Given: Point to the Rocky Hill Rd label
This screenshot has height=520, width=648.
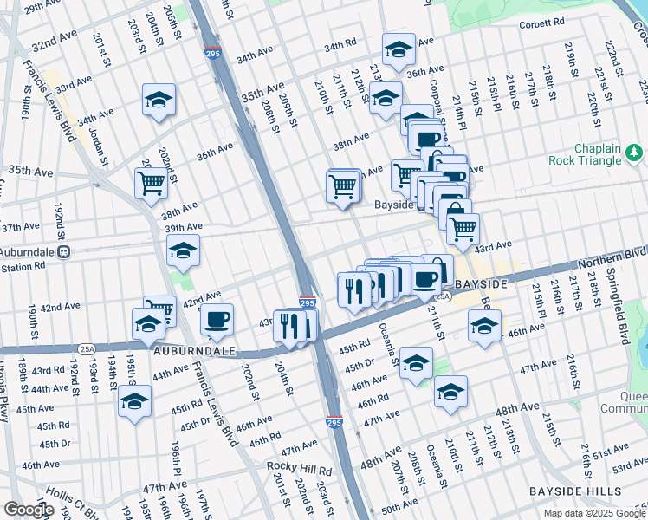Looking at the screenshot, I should [300, 471].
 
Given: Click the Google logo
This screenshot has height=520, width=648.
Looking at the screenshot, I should [29, 510].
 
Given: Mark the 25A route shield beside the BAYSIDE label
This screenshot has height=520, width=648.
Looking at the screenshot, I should [443, 296].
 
